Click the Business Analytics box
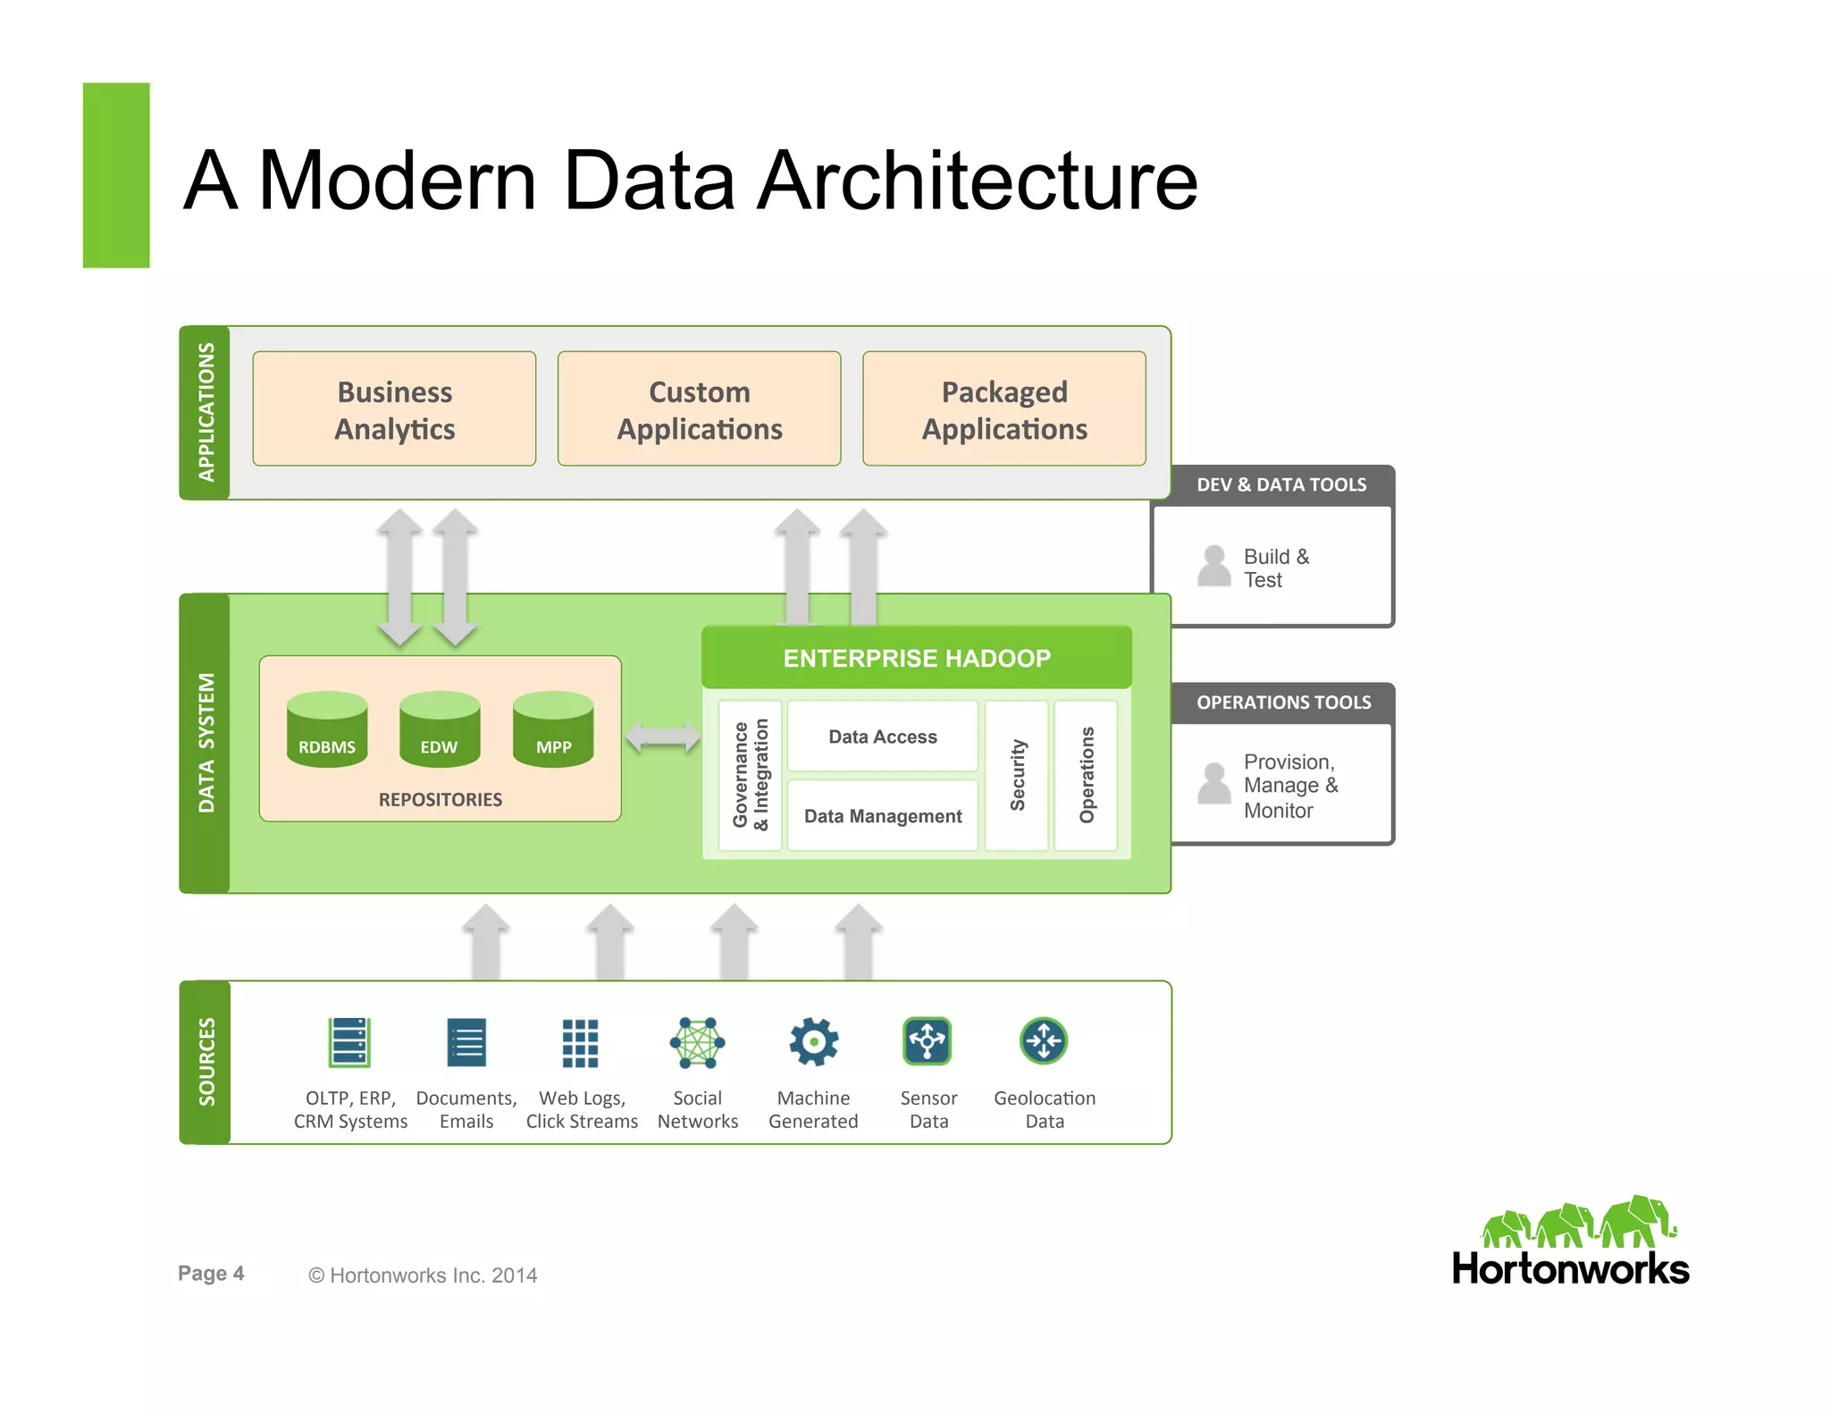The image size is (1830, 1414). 394,408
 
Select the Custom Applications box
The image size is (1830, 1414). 699,408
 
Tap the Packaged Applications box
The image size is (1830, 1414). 1003,408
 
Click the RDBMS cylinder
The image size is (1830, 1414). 327,729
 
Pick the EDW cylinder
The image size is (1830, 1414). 440,729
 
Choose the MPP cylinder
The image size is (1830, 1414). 553,729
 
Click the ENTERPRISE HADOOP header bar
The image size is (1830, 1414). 917,658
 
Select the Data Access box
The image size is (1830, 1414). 883,736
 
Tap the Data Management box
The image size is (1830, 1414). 883,816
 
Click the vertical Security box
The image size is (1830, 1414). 1017,775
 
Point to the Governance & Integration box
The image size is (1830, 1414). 750,775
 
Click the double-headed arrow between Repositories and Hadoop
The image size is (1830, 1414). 662,737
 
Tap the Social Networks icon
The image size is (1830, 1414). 697,1042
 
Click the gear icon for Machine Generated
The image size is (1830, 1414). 813,1042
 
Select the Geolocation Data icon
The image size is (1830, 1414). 1044,1041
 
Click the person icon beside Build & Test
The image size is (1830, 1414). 1214,567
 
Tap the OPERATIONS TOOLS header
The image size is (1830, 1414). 1283,703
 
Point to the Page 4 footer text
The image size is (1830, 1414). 211,1274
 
